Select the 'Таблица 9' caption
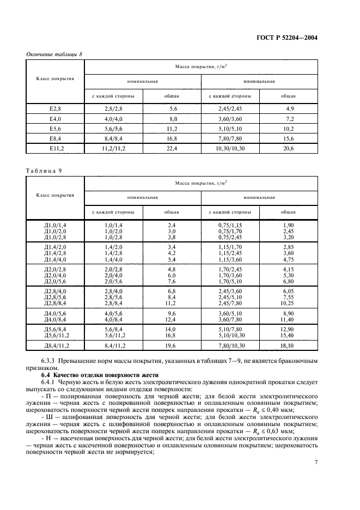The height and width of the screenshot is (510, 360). tap(44, 170)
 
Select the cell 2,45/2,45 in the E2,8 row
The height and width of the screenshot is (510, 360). tap(230, 109)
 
